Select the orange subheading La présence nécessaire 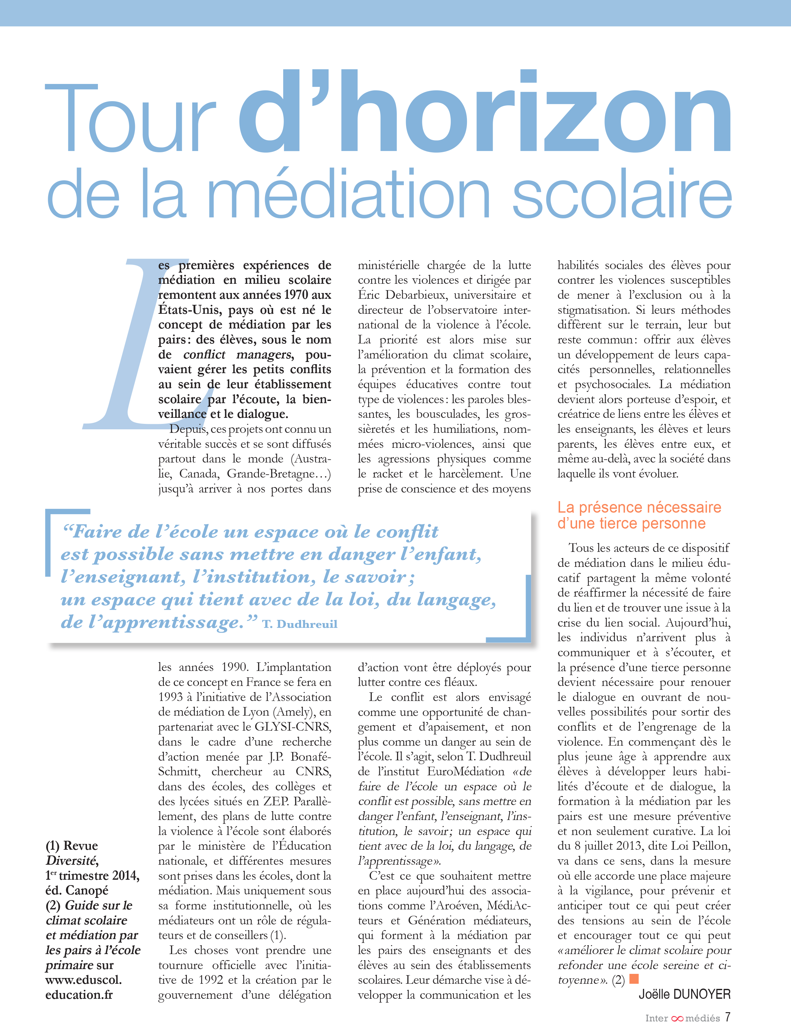tap(639, 507)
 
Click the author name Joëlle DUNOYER tap(684, 994)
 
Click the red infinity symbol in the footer tap(677, 1018)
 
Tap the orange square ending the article tap(634, 979)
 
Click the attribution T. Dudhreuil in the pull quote tap(300, 624)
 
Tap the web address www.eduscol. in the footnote tap(83, 980)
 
